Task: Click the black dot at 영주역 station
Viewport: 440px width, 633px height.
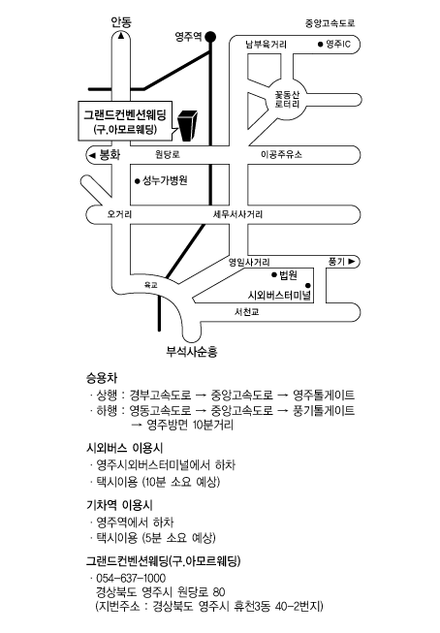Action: [210, 37]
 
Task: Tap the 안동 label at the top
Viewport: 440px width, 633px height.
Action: [121, 21]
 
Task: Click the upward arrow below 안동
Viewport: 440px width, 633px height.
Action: [121, 36]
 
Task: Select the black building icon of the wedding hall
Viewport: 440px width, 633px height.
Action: [188, 126]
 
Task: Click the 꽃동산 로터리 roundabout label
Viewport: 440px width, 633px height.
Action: [288, 99]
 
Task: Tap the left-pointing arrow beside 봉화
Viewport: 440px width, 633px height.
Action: [92, 155]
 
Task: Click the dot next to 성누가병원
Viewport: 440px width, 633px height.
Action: [138, 181]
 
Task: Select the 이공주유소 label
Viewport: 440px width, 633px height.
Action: [281, 154]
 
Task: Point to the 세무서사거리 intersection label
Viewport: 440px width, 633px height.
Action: [237, 214]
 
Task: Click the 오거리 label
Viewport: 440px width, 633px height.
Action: [119, 214]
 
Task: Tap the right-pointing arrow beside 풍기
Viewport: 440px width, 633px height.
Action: [352, 262]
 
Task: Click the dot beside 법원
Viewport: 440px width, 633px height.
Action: [274, 275]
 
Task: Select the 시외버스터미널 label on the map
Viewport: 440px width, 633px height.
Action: [279, 295]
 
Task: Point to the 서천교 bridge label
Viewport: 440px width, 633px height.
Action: [246, 312]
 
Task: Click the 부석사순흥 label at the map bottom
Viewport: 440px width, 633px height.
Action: [192, 351]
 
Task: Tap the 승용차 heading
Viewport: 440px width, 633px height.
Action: [102, 378]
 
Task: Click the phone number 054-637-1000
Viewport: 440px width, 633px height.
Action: [131, 578]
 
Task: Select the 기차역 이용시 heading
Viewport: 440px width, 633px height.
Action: [119, 505]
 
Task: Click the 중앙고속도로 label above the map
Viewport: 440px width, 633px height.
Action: [330, 23]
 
